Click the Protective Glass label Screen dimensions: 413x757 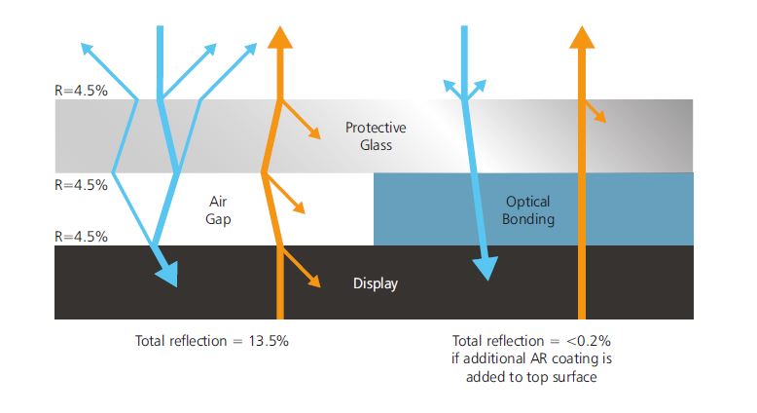[375, 136]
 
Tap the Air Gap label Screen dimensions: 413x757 [218, 209]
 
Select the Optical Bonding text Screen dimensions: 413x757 [528, 209]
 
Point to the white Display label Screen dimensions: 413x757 [376, 283]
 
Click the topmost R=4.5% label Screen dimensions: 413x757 [81, 91]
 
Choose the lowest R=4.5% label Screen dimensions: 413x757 [81, 236]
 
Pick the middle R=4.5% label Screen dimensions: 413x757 [81, 184]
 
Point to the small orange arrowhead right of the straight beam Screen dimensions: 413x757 [600, 116]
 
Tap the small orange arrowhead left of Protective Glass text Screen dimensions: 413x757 [313, 132]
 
